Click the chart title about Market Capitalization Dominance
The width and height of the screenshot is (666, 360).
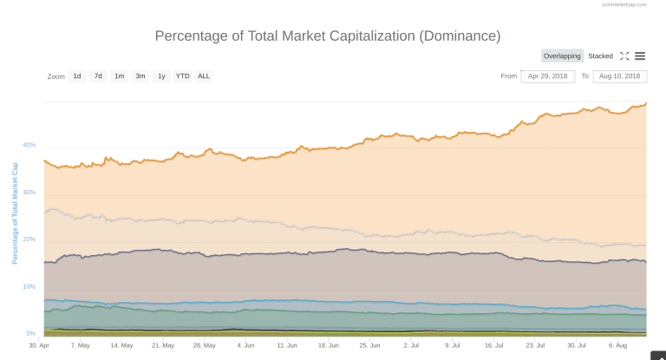click(x=327, y=36)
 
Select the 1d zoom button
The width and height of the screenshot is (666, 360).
click(x=77, y=76)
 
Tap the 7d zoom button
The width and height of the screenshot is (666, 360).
click(x=98, y=76)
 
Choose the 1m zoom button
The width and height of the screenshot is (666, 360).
click(x=119, y=76)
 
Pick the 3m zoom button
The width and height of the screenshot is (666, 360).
click(x=140, y=76)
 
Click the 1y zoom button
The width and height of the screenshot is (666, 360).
click(x=161, y=76)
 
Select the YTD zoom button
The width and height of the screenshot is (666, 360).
click(x=182, y=76)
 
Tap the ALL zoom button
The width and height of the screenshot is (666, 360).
click(x=204, y=76)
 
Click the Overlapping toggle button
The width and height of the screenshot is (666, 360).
click(x=562, y=56)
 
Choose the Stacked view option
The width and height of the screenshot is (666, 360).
click(x=600, y=56)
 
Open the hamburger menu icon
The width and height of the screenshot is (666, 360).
click(x=640, y=56)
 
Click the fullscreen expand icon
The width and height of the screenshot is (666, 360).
click(x=624, y=56)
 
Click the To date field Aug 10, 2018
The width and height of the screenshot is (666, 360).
click(x=619, y=76)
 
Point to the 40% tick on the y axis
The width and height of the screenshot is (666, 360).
click(x=29, y=145)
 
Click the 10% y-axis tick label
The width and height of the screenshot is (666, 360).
click(x=29, y=286)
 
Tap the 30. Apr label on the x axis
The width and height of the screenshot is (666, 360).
click(x=37, y=344)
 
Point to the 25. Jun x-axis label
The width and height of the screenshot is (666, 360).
click(x=369, y=344)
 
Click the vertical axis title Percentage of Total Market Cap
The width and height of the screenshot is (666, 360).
click(x=15, y=213)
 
